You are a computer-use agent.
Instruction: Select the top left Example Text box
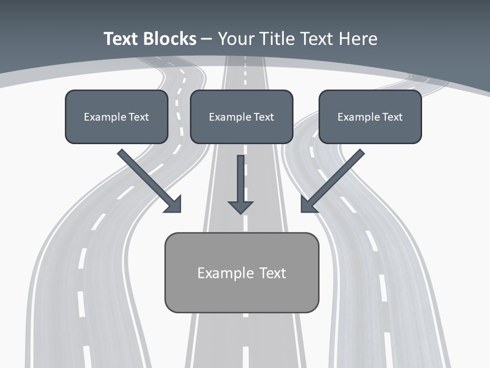[116, 117]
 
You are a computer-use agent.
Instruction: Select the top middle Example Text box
[241, 117]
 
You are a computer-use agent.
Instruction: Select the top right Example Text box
[370, 117]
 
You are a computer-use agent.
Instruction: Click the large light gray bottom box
[241, 272]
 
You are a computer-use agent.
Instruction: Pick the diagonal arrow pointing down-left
[334, 179]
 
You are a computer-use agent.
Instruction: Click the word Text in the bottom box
[273, 273]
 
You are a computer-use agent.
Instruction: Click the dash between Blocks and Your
[207, 39]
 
